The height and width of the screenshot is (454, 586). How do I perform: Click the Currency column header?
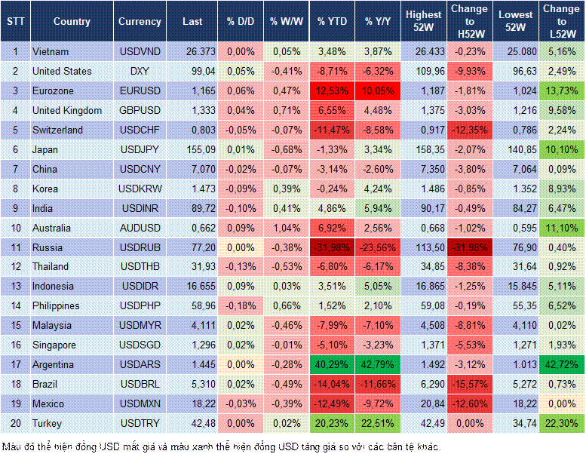pyautogui.click(x=140, y=22)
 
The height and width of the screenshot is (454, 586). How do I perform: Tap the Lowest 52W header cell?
pyautogui.click(x=515, y=21)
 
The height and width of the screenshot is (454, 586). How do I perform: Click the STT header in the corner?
pyautogui.click(x=15, y=22)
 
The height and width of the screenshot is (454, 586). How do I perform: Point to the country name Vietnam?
pyautogui.click(x=51, y=51)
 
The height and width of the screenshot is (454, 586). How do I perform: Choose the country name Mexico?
pyautogui.click(x=48, y=404)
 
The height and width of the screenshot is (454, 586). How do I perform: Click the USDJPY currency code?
pyautogui.click(x=139, y=149)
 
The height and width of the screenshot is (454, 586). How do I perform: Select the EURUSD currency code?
pyautogui.click(x=140, y=90)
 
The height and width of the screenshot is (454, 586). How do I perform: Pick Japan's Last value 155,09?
pyautogui.click(x=192, y=149)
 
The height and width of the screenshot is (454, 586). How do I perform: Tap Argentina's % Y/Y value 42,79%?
pyautogui.click(x=379, y=365)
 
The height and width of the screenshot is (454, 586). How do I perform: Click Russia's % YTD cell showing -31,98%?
pyautogui.click(x=333, y=247)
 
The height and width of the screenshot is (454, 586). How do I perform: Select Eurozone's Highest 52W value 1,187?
pyautogui.click(x=423, y=90)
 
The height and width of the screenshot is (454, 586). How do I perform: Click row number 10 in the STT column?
pyautogui.click(x=15, y=228)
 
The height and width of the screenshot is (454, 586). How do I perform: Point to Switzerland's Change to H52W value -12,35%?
pyautogui.click(x=471, y=130)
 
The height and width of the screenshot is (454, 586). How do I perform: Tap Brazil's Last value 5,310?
pyautogui.click(x=192, y=385)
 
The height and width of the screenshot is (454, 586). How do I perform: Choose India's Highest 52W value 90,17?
pyautogui.click(x=423, y=208)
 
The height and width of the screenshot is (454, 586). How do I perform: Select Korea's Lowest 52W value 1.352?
pyautogui.click(x=515, y=189)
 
